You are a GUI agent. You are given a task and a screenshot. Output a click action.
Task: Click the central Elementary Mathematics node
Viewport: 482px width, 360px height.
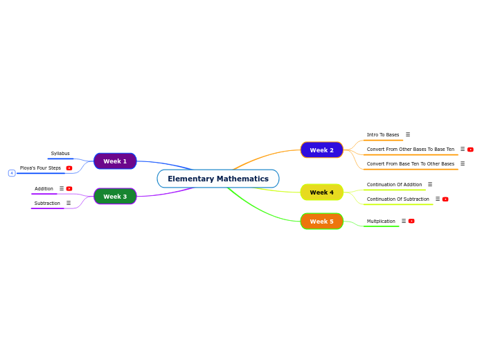[217, 179]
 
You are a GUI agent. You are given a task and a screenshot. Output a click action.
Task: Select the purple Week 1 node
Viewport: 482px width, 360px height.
[115, 161]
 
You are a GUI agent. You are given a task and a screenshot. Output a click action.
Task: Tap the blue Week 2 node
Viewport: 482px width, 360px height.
[321, 150]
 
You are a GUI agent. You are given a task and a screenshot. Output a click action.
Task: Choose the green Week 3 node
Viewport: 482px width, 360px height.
[115, 197]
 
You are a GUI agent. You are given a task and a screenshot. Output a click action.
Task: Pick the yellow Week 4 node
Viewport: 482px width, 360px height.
[321, 192]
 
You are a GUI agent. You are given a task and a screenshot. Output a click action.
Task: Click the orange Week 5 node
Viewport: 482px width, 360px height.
[321, 222]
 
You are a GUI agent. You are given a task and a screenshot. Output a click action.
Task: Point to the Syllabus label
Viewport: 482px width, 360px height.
[60, 154]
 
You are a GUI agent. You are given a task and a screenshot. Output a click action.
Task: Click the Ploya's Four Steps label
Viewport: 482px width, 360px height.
[40, 168]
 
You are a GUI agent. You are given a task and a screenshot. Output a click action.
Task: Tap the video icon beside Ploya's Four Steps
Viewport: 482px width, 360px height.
[69, 168]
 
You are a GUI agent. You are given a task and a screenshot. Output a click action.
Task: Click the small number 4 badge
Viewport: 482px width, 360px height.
[12, 173]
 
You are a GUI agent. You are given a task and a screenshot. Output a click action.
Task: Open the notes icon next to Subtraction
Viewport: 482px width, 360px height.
[69, 203]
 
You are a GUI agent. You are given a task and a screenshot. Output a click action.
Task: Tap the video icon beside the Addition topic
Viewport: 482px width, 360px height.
[69, 188]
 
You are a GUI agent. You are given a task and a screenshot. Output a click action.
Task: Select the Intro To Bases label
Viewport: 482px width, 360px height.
[383, 135]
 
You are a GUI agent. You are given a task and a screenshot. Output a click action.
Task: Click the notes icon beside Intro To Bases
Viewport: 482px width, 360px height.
[408, 134]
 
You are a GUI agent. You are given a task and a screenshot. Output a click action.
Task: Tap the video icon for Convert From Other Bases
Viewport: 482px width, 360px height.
[470, 150]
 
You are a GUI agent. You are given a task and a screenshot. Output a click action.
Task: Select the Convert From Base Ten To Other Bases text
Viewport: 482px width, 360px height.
[411, 164]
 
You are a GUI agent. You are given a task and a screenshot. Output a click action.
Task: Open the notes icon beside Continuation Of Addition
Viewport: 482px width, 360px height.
[430, 184]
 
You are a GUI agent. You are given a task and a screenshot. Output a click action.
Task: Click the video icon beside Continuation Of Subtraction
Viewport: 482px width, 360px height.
[445, 199]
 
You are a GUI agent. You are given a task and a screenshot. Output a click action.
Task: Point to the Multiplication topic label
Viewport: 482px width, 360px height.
[381, 222]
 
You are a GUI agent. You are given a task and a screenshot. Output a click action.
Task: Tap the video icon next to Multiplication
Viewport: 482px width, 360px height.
[411, 221]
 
